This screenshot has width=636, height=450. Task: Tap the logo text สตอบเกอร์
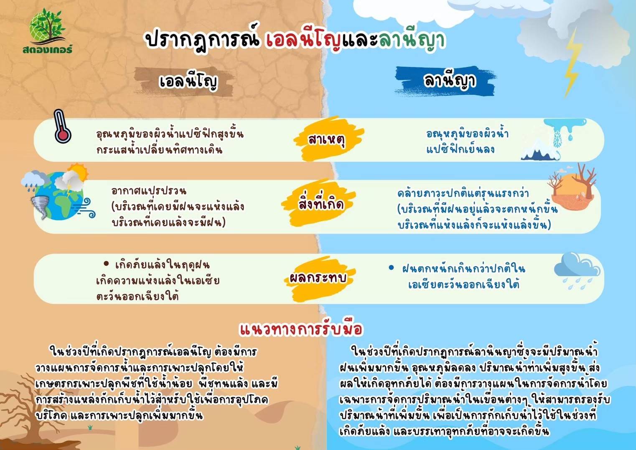[x=48, y=49]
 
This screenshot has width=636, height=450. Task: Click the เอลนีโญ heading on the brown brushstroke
[x=188, y=82]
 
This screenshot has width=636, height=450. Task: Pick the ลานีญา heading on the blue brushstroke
[x=450, y=81]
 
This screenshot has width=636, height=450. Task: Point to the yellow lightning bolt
[x=571, y=62]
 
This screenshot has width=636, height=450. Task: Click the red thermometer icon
[x=62, y=126]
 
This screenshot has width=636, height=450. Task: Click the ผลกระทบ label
[x=318, y=278]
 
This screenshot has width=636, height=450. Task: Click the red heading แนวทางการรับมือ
[x=301, y=329]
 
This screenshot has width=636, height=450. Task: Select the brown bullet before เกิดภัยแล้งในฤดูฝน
[x=106, y=264]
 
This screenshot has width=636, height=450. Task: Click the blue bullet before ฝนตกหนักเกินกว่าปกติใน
[x=392, y=268]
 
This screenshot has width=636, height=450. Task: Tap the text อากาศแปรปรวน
[x=149, y=191]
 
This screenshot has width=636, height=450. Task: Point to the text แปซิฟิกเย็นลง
[x=460, y=149]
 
